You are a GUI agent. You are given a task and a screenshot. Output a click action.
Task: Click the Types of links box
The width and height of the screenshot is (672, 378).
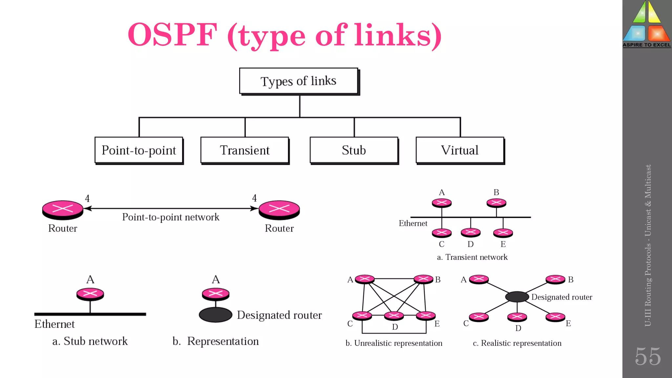click(298, 81)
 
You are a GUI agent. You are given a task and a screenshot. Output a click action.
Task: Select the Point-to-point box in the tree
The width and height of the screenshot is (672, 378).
click(138, 150)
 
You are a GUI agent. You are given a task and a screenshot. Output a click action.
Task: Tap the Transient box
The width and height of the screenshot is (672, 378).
click(244, 150)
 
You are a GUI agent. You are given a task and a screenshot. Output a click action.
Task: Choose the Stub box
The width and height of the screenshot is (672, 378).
click(354, 150)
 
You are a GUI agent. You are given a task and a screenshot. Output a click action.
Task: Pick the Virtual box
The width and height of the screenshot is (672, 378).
click(460, 150)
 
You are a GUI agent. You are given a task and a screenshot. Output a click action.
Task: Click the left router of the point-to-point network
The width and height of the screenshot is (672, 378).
click(63, 209)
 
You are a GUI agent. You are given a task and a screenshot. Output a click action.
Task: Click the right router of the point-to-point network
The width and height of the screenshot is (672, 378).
click(279, 209)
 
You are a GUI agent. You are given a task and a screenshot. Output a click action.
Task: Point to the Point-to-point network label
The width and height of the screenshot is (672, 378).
click(171, 217)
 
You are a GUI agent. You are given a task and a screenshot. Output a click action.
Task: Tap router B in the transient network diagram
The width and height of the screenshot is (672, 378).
click(496, 203)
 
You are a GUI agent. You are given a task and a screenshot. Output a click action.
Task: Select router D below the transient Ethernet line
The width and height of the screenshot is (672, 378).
click(471, 232)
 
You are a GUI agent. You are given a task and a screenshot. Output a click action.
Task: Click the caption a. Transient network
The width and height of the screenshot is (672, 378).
click(472, 257)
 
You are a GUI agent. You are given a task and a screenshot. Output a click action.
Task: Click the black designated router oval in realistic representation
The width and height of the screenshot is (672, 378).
click(517, 297)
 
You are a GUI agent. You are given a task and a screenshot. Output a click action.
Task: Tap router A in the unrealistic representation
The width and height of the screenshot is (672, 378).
click(365, 279)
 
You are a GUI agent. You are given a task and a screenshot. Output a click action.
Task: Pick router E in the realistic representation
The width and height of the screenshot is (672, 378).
click(555, 317)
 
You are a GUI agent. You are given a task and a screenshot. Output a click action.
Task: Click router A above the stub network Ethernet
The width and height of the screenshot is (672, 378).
click(90, 294)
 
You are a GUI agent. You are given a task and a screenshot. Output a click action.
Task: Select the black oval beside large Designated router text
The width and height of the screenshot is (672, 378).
click(216, 315)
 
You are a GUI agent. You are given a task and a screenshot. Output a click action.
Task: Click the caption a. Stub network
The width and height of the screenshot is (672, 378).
click(90, 341)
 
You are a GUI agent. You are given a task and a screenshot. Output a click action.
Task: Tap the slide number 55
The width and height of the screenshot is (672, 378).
click(647, 356)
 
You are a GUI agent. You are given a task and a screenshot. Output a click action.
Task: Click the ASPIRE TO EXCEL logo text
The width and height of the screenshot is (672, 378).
click(647, 45)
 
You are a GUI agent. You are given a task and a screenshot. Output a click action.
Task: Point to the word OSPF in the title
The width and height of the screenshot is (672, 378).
click(173, 35)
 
